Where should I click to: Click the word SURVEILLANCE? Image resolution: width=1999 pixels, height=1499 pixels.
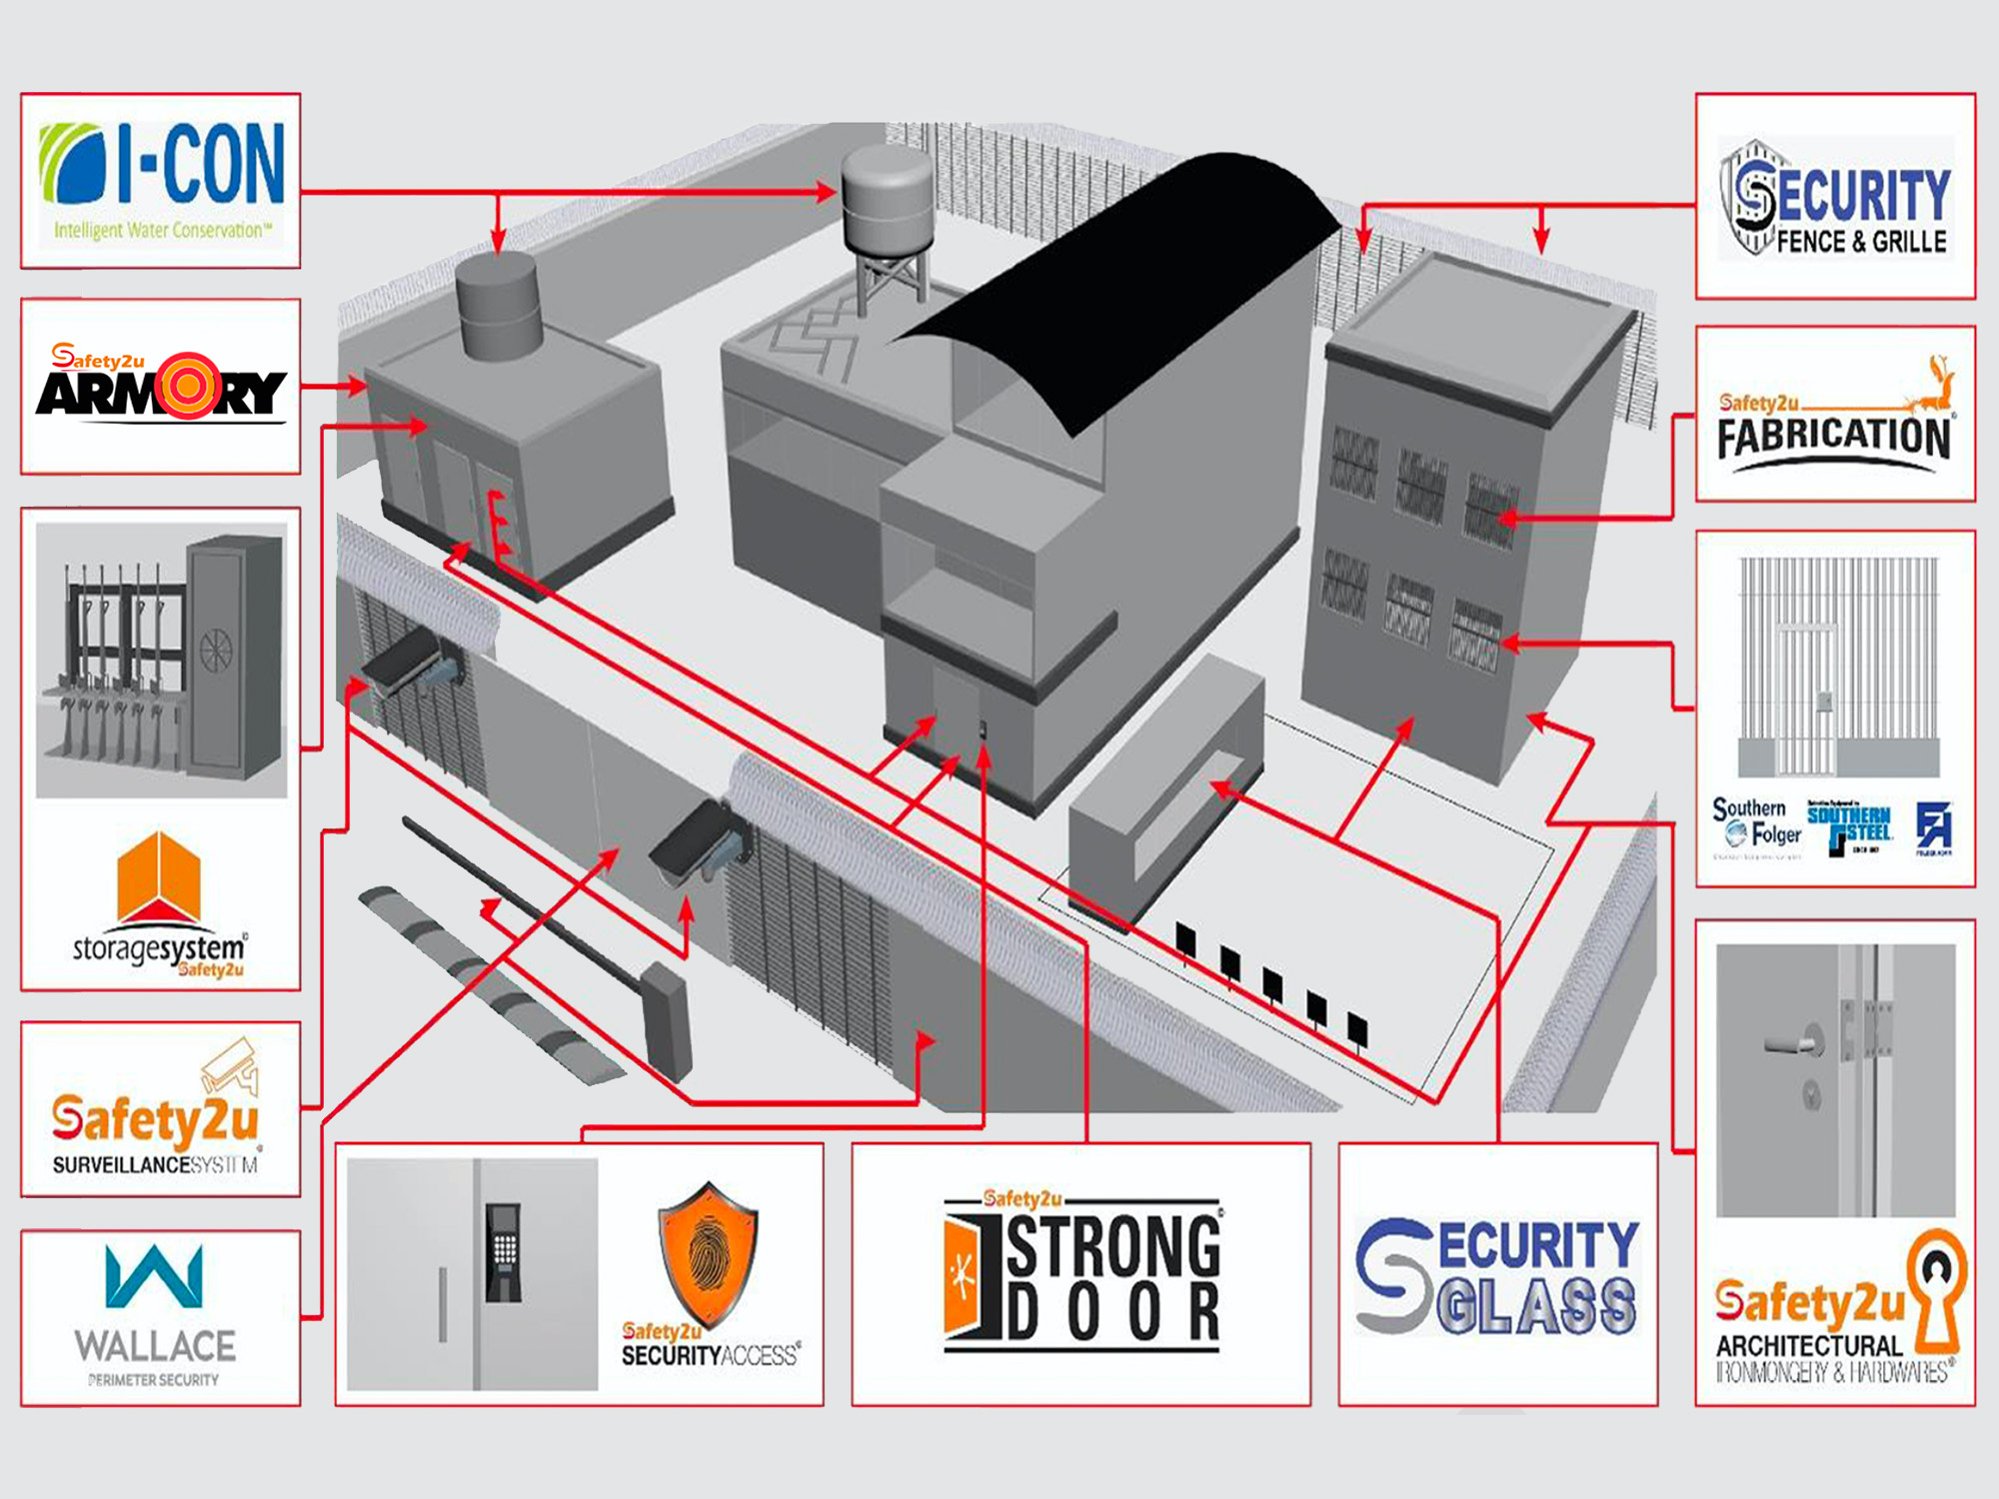(x=121, y=1165)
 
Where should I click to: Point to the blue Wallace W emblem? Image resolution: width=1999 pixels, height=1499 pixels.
(x=155, y=1276)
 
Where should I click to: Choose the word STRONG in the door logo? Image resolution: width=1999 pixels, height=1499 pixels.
(x=1112, y=1247)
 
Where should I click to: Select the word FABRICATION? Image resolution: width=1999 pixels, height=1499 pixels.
(x=1834, y=438)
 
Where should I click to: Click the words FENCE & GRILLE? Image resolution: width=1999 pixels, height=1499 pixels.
(x=1861, y=242)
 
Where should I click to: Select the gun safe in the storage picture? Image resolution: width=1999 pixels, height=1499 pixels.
(x=235, y=655)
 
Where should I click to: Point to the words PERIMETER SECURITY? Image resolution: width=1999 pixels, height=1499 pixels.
(x=153, y=1380)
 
